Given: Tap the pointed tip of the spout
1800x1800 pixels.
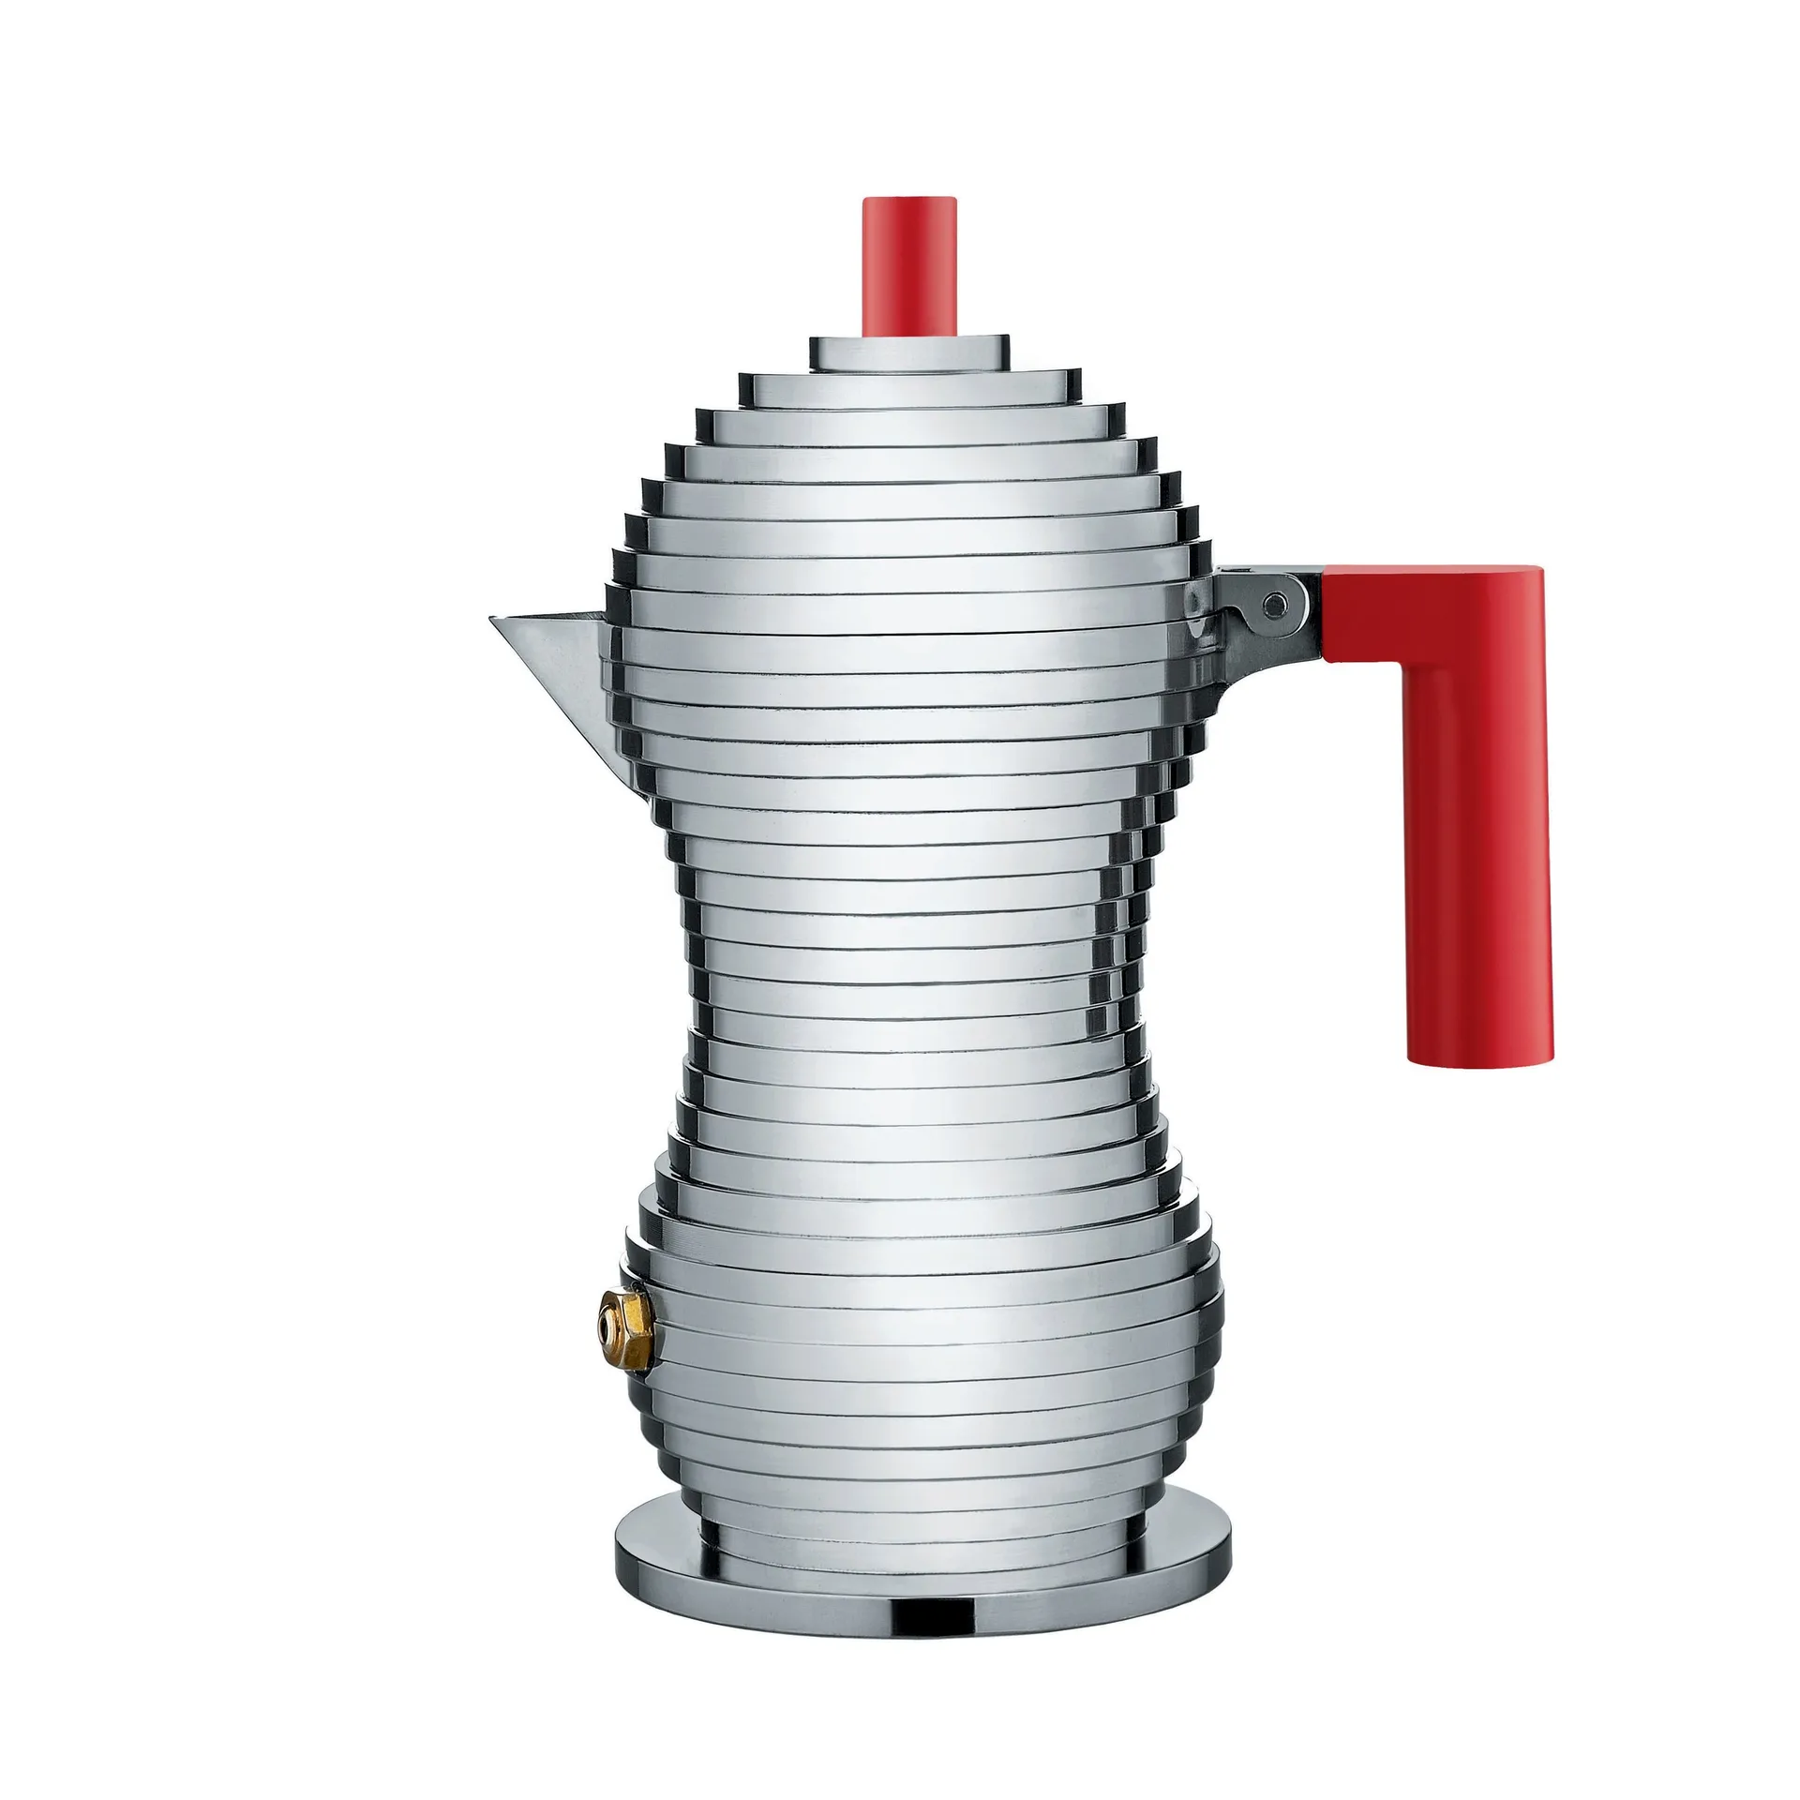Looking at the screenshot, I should coord(493,620).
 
